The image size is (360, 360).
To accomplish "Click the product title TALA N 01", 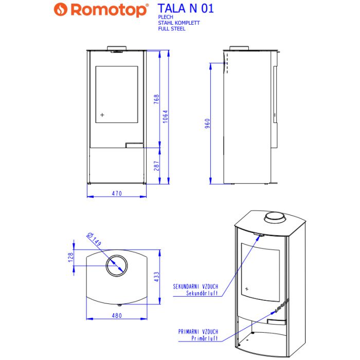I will click(186, 9).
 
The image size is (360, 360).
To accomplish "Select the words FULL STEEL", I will click(172, 29).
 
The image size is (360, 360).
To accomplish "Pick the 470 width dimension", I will click(116, 193).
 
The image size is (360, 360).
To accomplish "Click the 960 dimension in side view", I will click(207, 123).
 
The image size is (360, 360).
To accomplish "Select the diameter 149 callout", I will click(94, 239).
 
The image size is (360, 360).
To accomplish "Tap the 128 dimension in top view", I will click(70, 257).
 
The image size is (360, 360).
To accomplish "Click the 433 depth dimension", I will click(156, 277).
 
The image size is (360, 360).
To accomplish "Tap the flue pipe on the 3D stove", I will click(276, 218).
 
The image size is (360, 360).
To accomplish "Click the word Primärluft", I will click(205, 339).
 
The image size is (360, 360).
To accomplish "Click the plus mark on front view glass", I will click(102, 114).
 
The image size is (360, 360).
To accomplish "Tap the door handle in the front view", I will click(135, 145).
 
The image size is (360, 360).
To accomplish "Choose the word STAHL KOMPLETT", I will click(178, 23).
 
